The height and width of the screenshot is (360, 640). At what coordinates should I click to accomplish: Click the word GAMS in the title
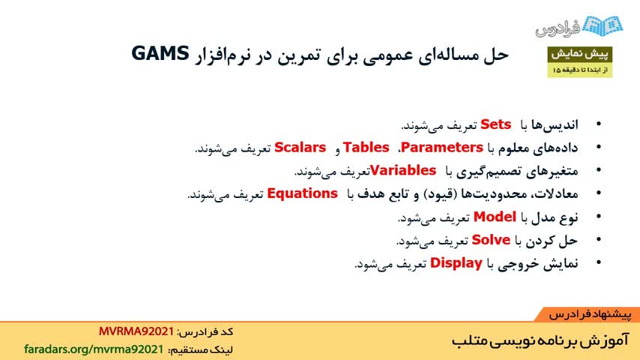coord(160,53)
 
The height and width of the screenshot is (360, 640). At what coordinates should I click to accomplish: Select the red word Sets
coord(495,124)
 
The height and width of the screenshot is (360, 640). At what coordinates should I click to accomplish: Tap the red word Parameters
coord(442,147)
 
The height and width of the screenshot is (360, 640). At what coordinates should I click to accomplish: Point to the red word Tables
coord(366,147)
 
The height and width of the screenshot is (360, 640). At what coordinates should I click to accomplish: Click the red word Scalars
coord(300,147)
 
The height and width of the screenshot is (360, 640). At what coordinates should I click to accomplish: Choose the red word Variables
coord(403,170)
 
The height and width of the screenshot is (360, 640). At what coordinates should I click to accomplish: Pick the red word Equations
coord(302,193)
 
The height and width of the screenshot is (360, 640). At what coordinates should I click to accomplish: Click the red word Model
coord(495,217)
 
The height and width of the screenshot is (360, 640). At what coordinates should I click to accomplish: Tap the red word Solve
coord(491,240)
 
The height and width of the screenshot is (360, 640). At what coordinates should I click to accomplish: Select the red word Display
coord(456,263)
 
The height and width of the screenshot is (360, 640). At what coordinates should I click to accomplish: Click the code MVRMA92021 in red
coord(136,331)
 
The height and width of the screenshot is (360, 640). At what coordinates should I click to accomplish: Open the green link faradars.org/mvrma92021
coord(94,349)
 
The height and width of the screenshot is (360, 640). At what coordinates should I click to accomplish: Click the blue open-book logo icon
coord(603,25)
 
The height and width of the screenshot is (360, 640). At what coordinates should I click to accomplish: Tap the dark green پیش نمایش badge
coord(579,54)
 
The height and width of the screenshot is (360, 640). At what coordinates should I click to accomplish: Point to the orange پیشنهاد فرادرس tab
coord(587,314)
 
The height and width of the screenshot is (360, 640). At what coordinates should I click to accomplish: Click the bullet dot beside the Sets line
coord(599,124)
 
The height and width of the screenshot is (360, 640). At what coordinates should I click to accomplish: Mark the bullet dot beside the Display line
coord(599,262)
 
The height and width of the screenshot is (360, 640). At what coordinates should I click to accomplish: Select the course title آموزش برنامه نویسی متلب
coord(540,340)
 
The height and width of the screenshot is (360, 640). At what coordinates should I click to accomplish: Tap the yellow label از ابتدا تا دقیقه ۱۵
coord(579,70)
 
